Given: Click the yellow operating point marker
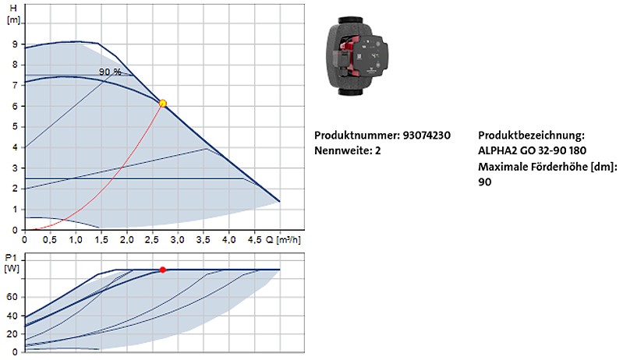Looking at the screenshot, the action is pyautogui.click(x=162, y=104).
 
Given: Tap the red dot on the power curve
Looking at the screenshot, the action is pyautogui.click(x=162, y=270).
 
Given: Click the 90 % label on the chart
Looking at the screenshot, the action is pyautogui.click(x=110, y=72).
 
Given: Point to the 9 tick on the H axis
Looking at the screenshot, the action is pyautogui.click(x=15, y=44).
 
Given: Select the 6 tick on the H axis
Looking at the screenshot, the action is pyautogui.click(x=15, y=106).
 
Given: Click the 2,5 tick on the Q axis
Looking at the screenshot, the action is pyautogui.click(x=152, y=240).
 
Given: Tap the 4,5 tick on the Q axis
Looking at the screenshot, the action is pyautogui.click(x=254, y=240).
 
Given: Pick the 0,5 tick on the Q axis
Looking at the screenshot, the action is pyautogui.click(x=50, y=240).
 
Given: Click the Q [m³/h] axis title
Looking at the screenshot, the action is pyautogui.click(x=283, y=240).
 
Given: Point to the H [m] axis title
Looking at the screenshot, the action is pyautogui.click(x=13, y=14).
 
